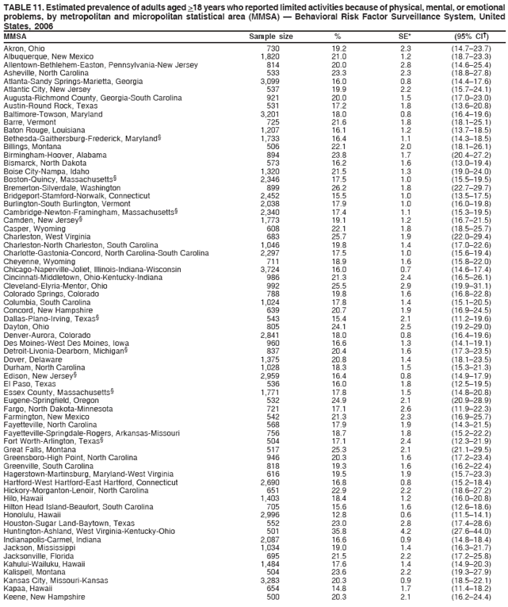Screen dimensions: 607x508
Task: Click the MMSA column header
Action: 16,36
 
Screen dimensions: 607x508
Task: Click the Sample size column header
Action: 271,36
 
